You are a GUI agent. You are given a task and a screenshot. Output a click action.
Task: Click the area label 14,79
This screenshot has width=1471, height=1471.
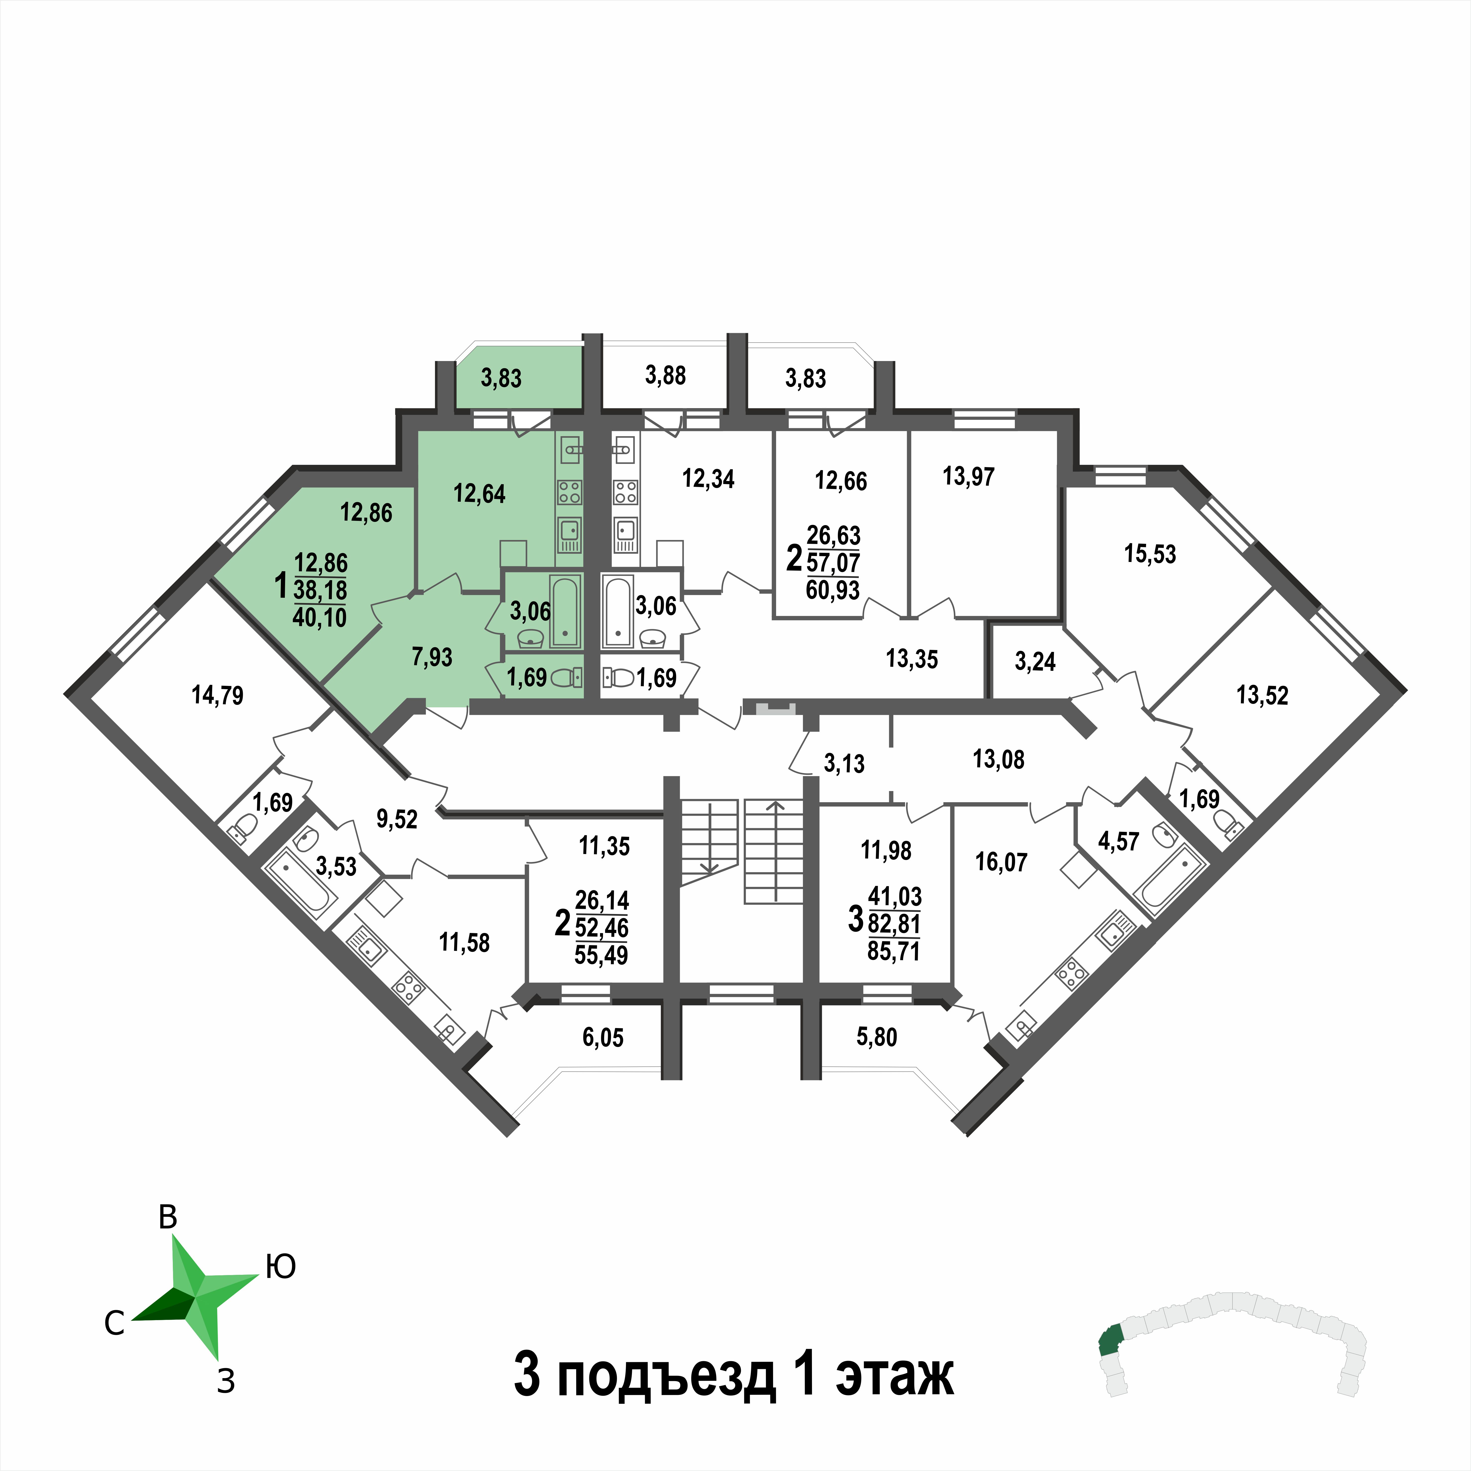pyautogui.click(x=218, y=695)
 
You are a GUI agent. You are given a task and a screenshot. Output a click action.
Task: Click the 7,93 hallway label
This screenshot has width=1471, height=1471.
pyautogui.click(x=432, y=656)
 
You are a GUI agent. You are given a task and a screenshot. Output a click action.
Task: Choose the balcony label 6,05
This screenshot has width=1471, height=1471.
pyautogui.click(x=603, y=1037)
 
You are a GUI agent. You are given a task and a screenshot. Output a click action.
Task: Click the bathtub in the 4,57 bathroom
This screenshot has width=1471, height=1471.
pyautogui.click(x=1170, y=879)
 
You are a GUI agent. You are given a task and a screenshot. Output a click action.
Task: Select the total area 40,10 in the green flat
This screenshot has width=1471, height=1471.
pyautogui.click(x=320, y=616)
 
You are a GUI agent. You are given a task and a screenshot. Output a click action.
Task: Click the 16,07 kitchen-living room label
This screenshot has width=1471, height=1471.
pyautogui.click(x=1001, y=862)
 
